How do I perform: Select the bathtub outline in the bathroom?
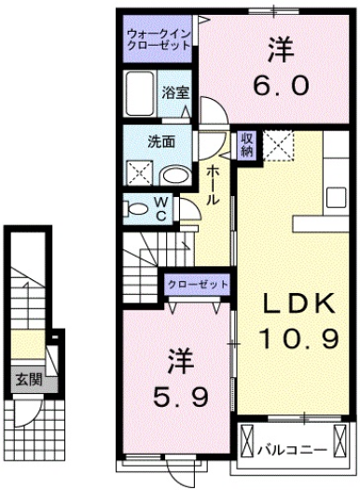coord(143,93)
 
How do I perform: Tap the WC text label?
coord(160,210)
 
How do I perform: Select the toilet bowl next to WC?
coord(137,209)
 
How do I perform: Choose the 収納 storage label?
coord(247,145)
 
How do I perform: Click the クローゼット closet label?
coord(198,283)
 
